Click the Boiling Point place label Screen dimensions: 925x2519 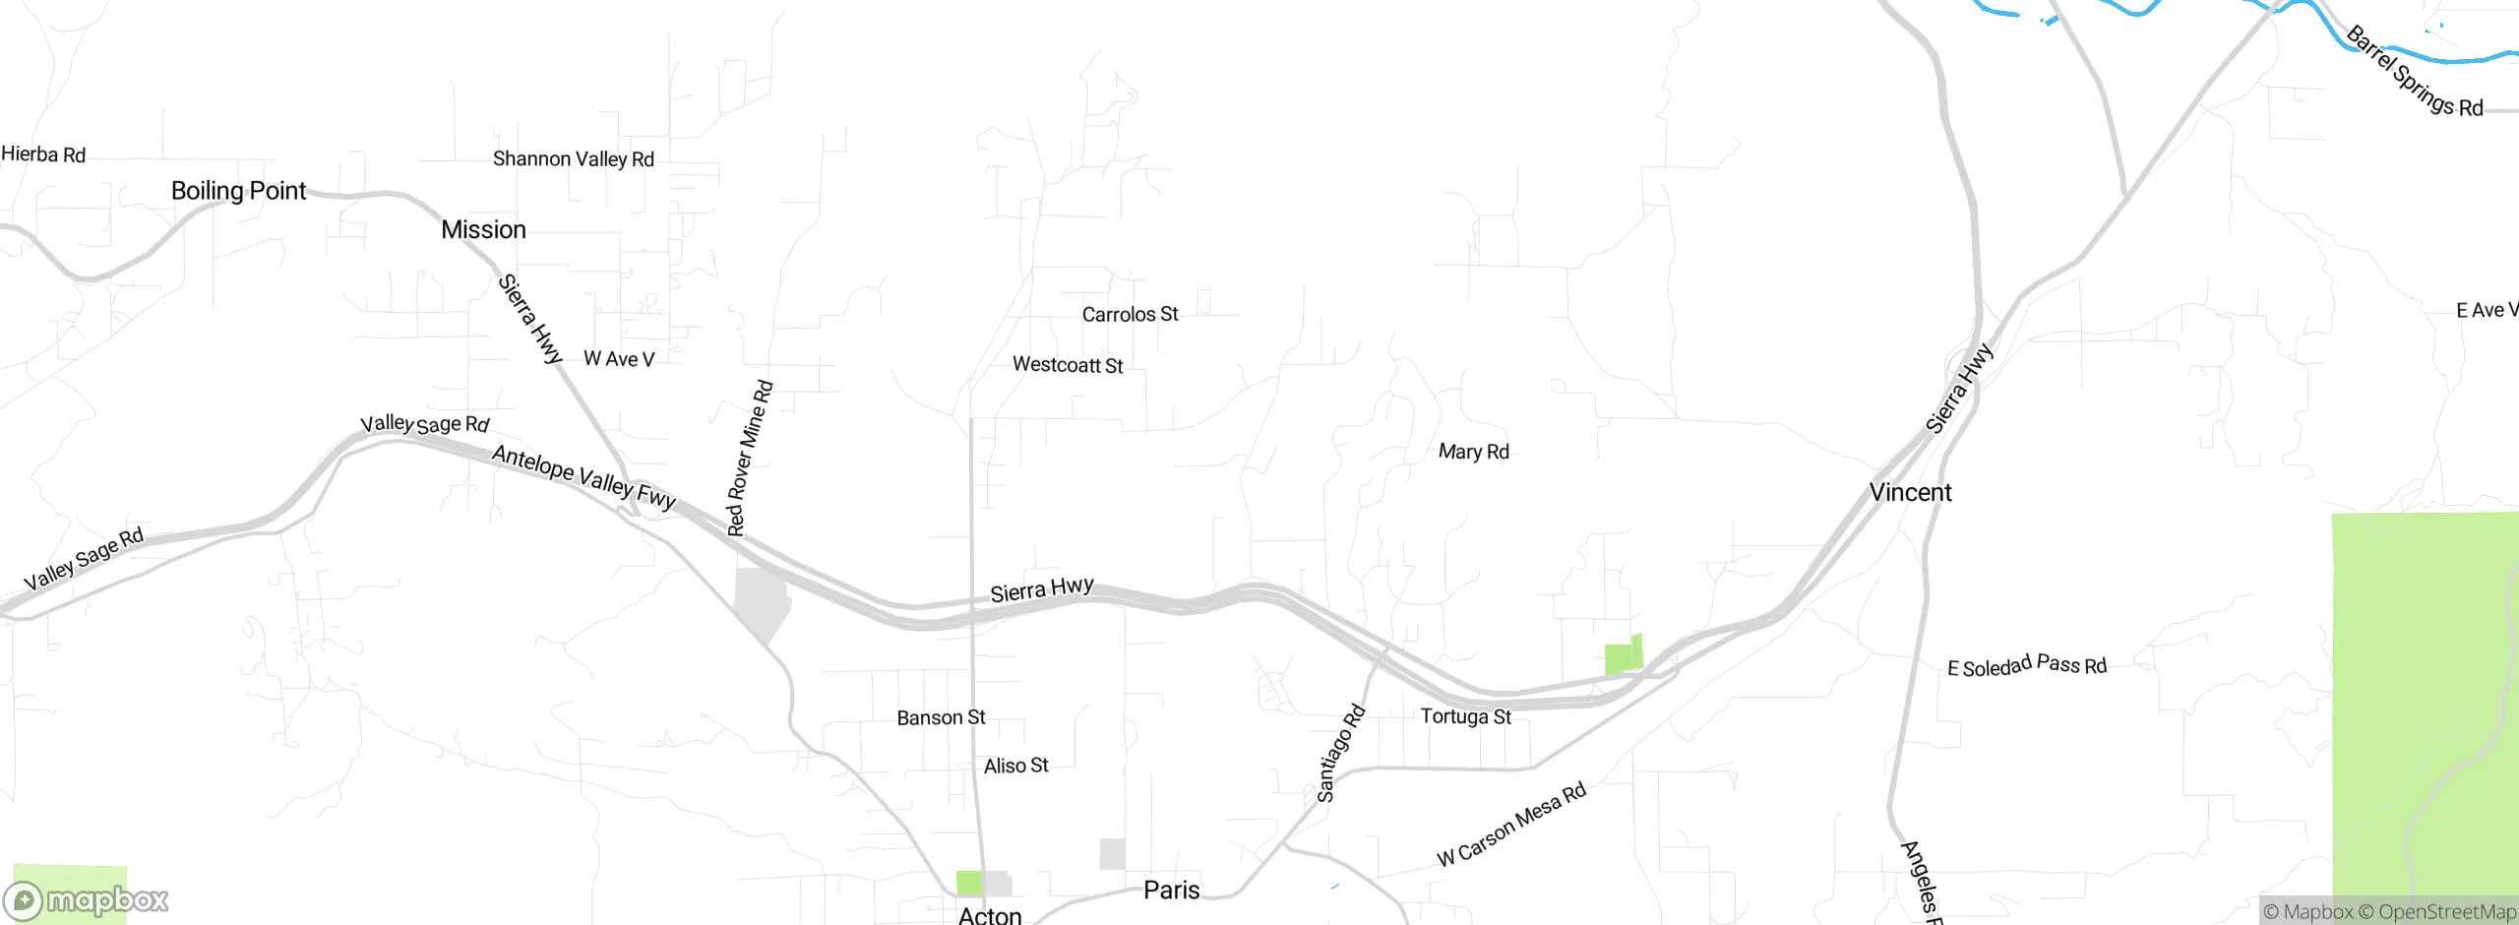pyautogui.click(x=238, y=191)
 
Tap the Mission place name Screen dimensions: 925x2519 pyautogui.click(x=483, y=230)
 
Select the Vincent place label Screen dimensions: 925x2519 pyautogui.click(x=1910, y=493)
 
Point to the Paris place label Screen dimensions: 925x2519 pyautogui.click(x=1171, y=891)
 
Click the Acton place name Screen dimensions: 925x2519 pyautogui.click(x=990, y=915)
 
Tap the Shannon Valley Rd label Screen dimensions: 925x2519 pyautogui.click(x=573, y=159)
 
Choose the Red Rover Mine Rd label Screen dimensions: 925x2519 pyautogui.click(x=749, y=459)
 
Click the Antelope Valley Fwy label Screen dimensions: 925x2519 pyautogui.click(x=584, y=477)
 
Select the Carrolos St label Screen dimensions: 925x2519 pyautogui.click(x=1130, y=315)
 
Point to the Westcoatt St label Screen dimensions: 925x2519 pyautogui.click(x=1068, y=365)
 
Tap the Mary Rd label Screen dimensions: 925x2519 pyautogui.click(x=1473, y=452)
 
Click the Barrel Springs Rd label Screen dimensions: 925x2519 pyautogui.click(x=2414, y=72)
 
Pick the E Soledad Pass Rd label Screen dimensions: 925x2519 pyautogui.click(x=2027, y=666)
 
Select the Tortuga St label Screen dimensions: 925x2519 pyautogui.click(x=1465, y=716)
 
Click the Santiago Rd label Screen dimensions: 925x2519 pyautogui.click(x=1340, y=754)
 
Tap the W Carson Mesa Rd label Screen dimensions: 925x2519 pyautogui.click(x=1511, y=824)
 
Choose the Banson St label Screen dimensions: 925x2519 pyautogui.click(x=941, y=718)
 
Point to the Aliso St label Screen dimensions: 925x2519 pyautogui.click(x=1015, y=766)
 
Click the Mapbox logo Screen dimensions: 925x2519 pyautogui.click(x=87, y=899)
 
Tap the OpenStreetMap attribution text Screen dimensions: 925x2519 pyautogui.click(x=2436, y=912)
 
